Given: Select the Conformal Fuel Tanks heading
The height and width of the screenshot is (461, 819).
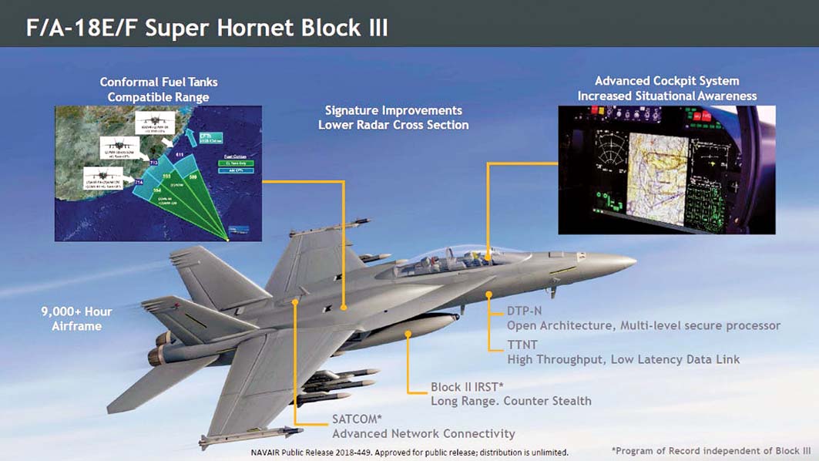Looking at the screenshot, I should point(159,82).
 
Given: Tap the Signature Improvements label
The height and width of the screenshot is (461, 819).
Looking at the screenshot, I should point(393,111).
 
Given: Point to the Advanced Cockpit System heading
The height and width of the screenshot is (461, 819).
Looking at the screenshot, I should point(666,81).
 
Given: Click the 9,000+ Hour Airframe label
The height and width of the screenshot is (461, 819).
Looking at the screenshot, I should point(76,318).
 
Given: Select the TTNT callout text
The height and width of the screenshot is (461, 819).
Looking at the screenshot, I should point(523,345).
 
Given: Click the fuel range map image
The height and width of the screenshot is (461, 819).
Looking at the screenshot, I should point(159,173).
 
